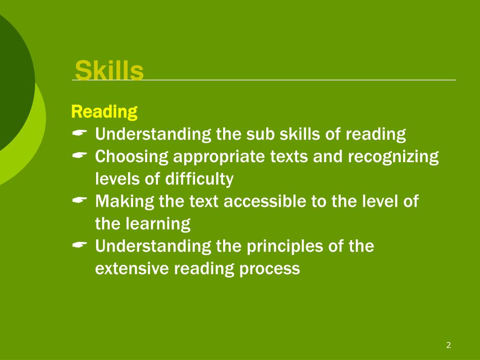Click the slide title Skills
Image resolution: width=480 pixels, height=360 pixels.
(109, 71)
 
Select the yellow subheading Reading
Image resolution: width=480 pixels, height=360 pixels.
(104, 112)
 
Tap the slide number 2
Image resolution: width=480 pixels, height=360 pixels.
(449, 345)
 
